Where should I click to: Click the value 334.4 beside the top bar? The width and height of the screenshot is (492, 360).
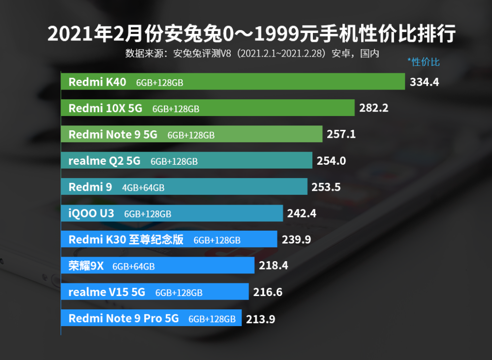[424, 82]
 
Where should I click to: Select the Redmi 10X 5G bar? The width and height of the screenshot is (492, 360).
[208, 108]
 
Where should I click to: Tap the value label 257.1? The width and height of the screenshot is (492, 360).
[341, 134]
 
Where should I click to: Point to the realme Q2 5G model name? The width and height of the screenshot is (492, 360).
[104, 161]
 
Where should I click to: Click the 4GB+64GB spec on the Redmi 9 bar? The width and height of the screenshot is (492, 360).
[143, 187]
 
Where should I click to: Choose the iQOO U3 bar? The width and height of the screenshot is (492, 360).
[172, 213]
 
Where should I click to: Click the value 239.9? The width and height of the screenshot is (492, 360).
[296, 240]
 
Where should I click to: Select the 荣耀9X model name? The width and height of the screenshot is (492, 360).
[86, 266]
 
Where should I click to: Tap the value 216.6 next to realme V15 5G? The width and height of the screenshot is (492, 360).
[268, 292]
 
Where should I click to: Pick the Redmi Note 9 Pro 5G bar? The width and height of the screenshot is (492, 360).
[151, 318]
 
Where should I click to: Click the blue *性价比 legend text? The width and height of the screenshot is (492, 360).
[424, 62]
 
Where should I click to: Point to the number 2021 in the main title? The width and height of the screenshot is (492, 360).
[70, 33]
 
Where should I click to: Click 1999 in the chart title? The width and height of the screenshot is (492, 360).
[277, 33]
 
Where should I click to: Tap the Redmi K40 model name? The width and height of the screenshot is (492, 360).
[97, 82]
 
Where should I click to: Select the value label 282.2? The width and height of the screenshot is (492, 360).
[374, 108]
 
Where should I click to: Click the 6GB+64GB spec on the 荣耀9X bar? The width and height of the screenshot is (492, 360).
[133, 267]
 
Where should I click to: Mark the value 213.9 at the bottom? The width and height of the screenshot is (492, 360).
[260, 319]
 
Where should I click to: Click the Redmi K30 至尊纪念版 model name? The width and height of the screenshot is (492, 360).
[126, 240]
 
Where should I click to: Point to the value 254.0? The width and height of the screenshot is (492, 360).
[331, 161]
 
